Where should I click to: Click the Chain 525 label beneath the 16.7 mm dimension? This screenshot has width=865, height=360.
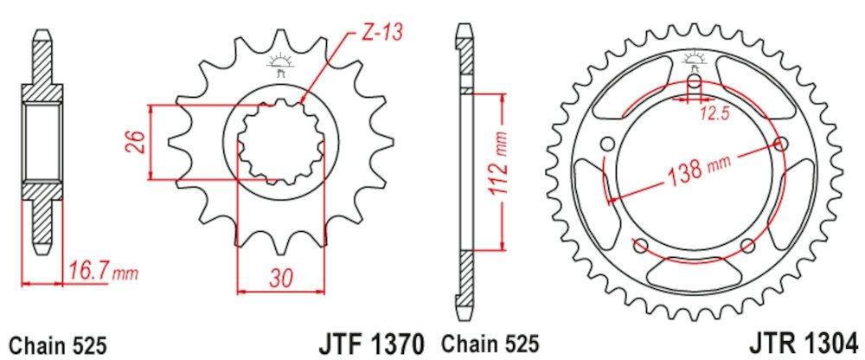point(58,343)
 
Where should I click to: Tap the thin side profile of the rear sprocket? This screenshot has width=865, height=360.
point(465,173)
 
